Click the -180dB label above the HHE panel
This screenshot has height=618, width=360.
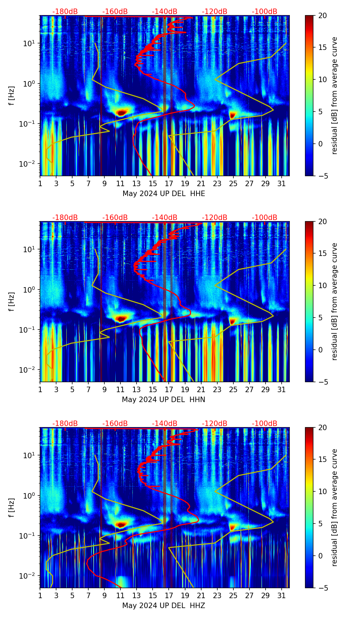tap(65, 12)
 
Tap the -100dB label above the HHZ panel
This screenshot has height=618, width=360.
tap(265, 424)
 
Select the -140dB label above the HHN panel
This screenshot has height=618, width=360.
tap(165, 218)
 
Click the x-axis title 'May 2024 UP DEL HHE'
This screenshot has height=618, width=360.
tap(164, 194)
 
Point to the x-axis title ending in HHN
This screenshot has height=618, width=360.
tap(164, 400)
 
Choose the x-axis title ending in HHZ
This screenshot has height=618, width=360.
tap(164, 606)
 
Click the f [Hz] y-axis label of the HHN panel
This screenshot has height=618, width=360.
tap(12, 301)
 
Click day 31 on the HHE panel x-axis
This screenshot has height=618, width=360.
tap(281, 183)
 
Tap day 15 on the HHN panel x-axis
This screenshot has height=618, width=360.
tap(153, 389)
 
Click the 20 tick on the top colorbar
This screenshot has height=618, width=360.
tap(322, 16)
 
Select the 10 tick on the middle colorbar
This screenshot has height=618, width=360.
tap(322, 285)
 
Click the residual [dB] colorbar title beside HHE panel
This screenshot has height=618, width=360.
tap(334, 95)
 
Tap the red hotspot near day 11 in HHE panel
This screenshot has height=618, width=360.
tap(121, 112)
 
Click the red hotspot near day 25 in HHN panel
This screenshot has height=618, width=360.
tap(233, 321)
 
